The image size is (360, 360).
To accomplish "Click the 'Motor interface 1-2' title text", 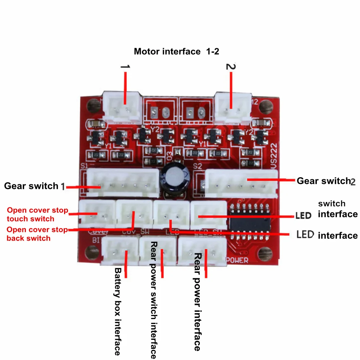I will [176, 51].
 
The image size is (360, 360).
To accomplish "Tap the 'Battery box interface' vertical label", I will [118, 311].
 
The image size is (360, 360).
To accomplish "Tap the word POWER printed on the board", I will [237, 260].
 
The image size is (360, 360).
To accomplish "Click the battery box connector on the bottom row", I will [119, 251].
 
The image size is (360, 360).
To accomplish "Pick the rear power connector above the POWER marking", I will [203, 252].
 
